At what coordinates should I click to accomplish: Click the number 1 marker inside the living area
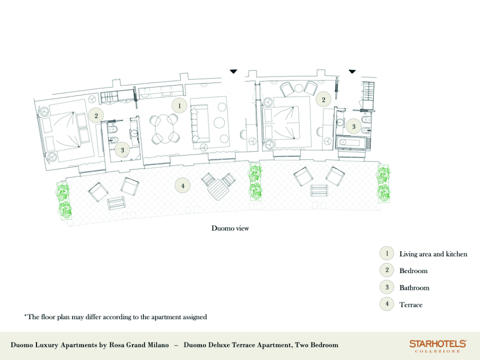tap(179, 106)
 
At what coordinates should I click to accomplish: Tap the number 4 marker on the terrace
tap(183, 185)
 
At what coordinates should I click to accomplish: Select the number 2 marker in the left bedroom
tap(96, 115)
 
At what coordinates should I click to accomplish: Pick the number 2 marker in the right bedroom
tap(323, 99)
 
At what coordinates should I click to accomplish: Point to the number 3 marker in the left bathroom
tap(122, 150)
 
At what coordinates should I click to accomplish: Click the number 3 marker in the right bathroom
tap(353, 126)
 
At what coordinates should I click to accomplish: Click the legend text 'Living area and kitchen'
tap(433, 254)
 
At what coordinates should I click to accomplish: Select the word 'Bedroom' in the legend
tap(413, 271)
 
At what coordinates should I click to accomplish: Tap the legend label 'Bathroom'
tap(414, 288)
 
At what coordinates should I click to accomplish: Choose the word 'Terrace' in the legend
tap(411, 304)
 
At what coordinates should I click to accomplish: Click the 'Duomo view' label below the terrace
tap(230, 228)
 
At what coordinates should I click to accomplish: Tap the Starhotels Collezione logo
tap(438, 346)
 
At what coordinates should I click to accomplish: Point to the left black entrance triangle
tap(233, 71)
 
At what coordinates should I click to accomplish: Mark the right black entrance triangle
tap(352, 71)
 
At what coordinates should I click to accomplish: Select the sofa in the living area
tap(199, 123)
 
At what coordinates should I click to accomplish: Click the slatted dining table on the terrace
tap(218, 190)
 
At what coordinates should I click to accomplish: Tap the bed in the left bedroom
tap(64, 130)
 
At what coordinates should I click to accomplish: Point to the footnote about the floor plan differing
tap(115, 317)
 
